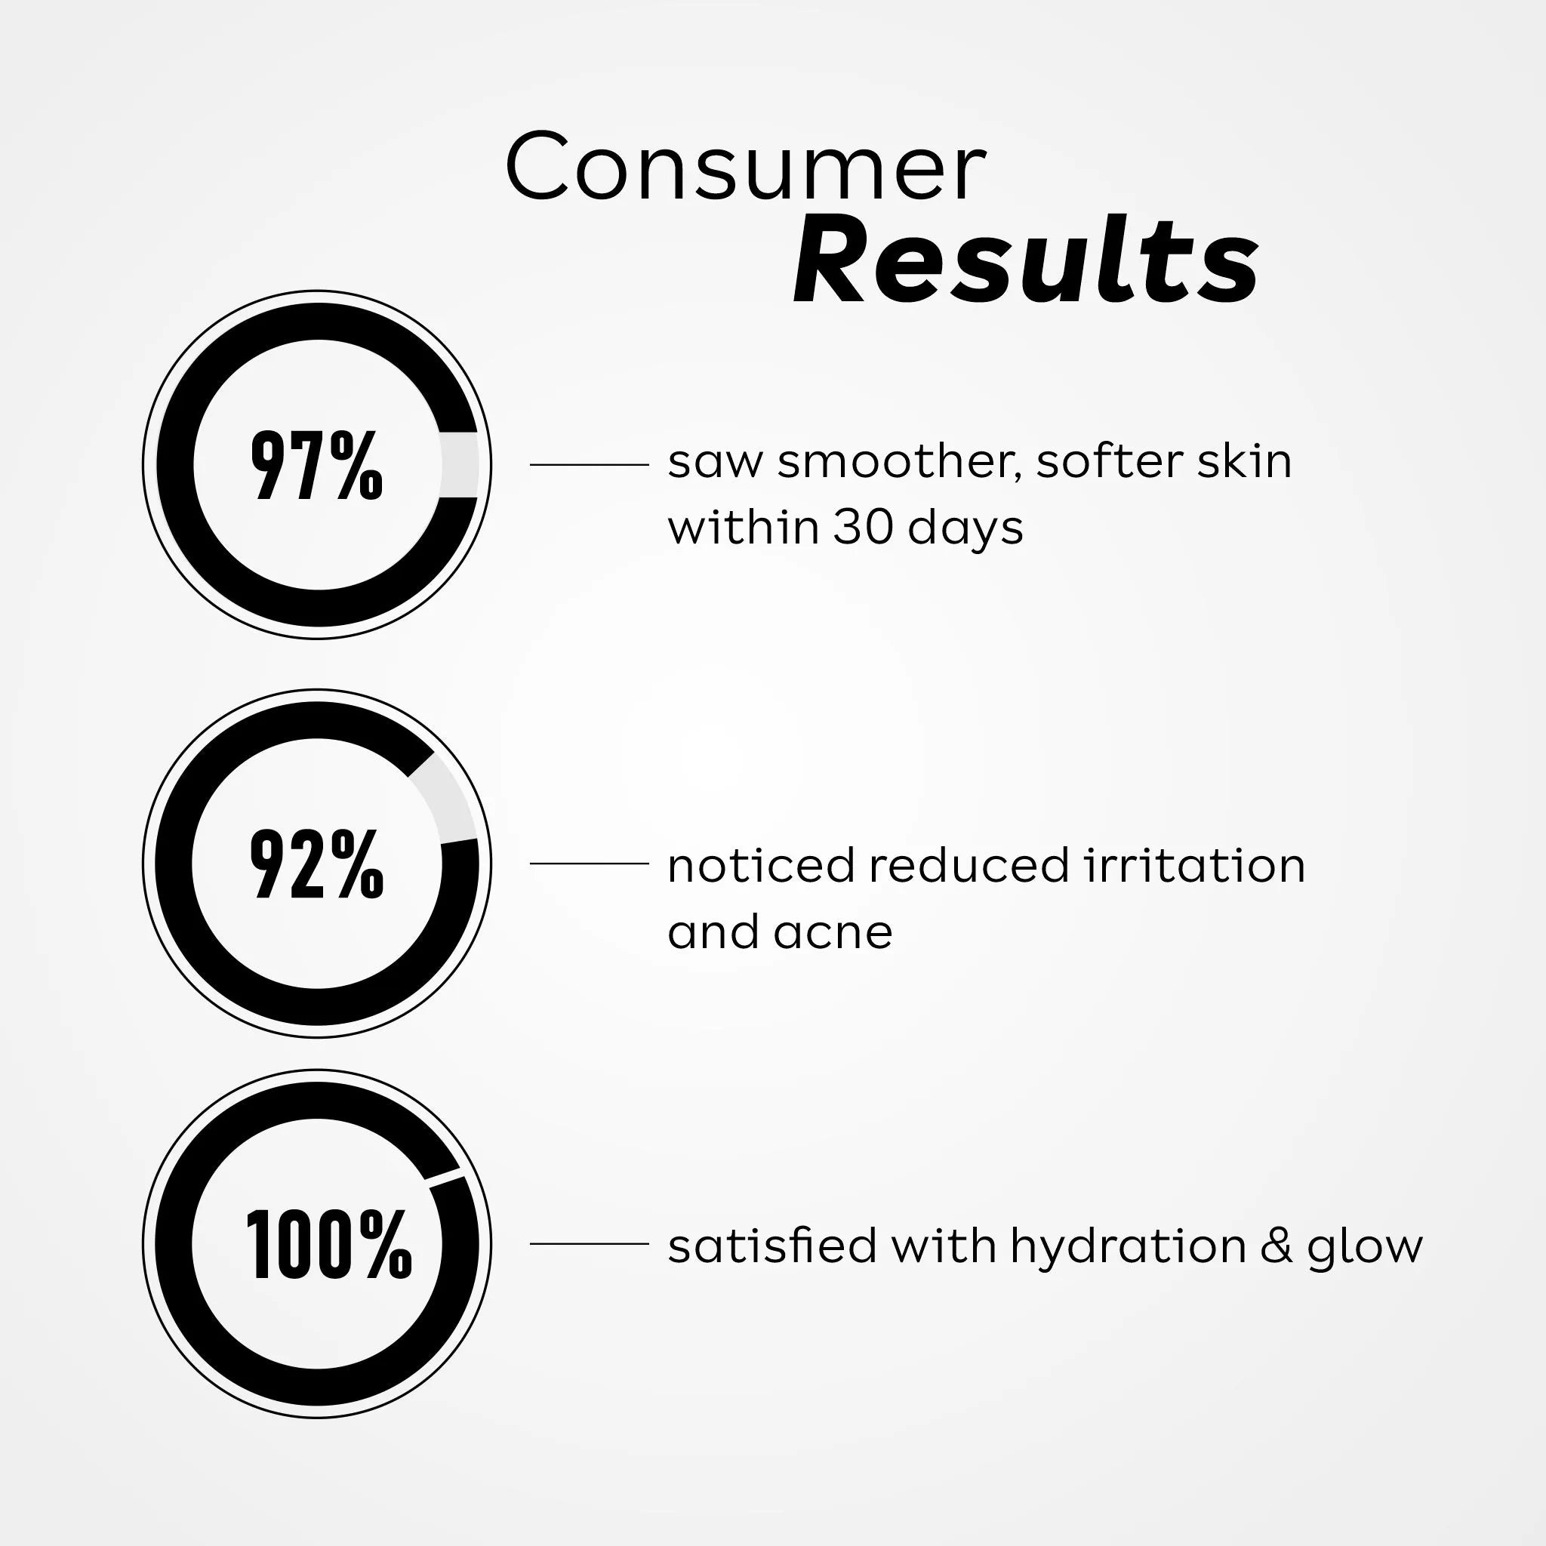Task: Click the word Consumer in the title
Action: (745, 168)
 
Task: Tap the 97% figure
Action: (317, 465)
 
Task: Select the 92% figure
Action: (317, 864)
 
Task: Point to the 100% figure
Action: (328, 1244)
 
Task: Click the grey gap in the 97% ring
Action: (459, 465)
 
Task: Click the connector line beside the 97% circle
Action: (589, 464)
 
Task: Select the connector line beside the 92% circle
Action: (589, 864)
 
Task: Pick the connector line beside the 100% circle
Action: (589, 1243)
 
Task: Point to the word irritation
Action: (1195, 866)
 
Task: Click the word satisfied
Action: (772, 1246)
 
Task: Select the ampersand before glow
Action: (1277, 1246)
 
